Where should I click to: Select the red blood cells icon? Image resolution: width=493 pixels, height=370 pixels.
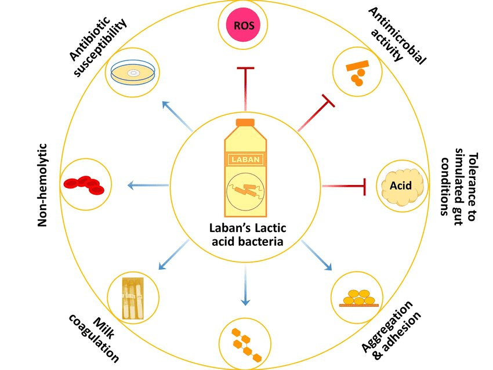click(83, 184)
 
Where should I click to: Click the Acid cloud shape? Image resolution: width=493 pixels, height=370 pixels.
click(401, 186)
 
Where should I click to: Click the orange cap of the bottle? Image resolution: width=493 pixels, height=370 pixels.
click(245, 122)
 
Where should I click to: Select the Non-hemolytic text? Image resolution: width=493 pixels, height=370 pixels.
click(42, 184)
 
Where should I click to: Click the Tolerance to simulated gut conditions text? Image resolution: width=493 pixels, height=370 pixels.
click(458, 184)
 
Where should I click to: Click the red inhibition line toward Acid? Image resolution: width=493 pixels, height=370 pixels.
click(345, 186)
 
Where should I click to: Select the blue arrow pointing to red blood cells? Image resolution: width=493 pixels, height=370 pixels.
click(147, 186)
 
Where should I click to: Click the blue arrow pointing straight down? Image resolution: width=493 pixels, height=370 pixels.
click(246, 285)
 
